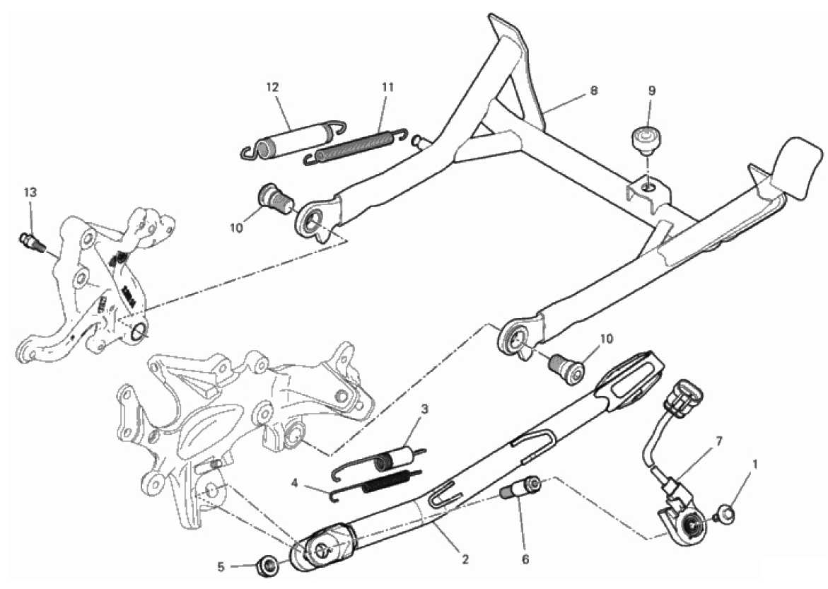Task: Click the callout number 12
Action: tap(272, 87)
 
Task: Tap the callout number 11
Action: tap(388, 87)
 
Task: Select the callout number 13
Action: tap(30, 192)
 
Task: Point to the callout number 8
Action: tap(594, 91)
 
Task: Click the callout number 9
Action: tap(652, 91)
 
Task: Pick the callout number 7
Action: tap(719, 440)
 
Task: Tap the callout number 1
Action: tap(755, 465)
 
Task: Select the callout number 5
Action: tap(221, 567)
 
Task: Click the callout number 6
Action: tap(525, 559)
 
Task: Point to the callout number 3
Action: tap(424, 409)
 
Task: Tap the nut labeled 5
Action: tap(267, 565)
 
